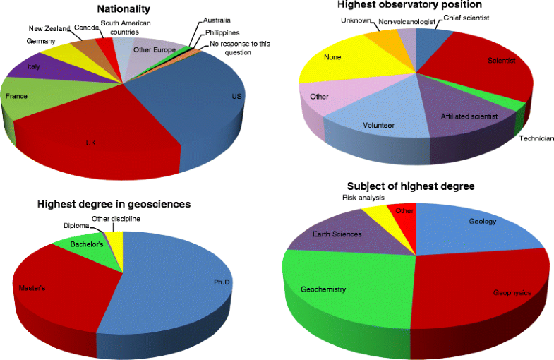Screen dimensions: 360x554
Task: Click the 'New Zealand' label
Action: click(x=49, y=28)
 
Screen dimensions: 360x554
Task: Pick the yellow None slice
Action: click(x=332, y=64)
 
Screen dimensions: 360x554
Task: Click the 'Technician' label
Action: click(x=536, y=138)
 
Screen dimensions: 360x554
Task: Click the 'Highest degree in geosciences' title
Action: click(x=114, y=205)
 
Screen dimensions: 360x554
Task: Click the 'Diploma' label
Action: click(x=77, y=226)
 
